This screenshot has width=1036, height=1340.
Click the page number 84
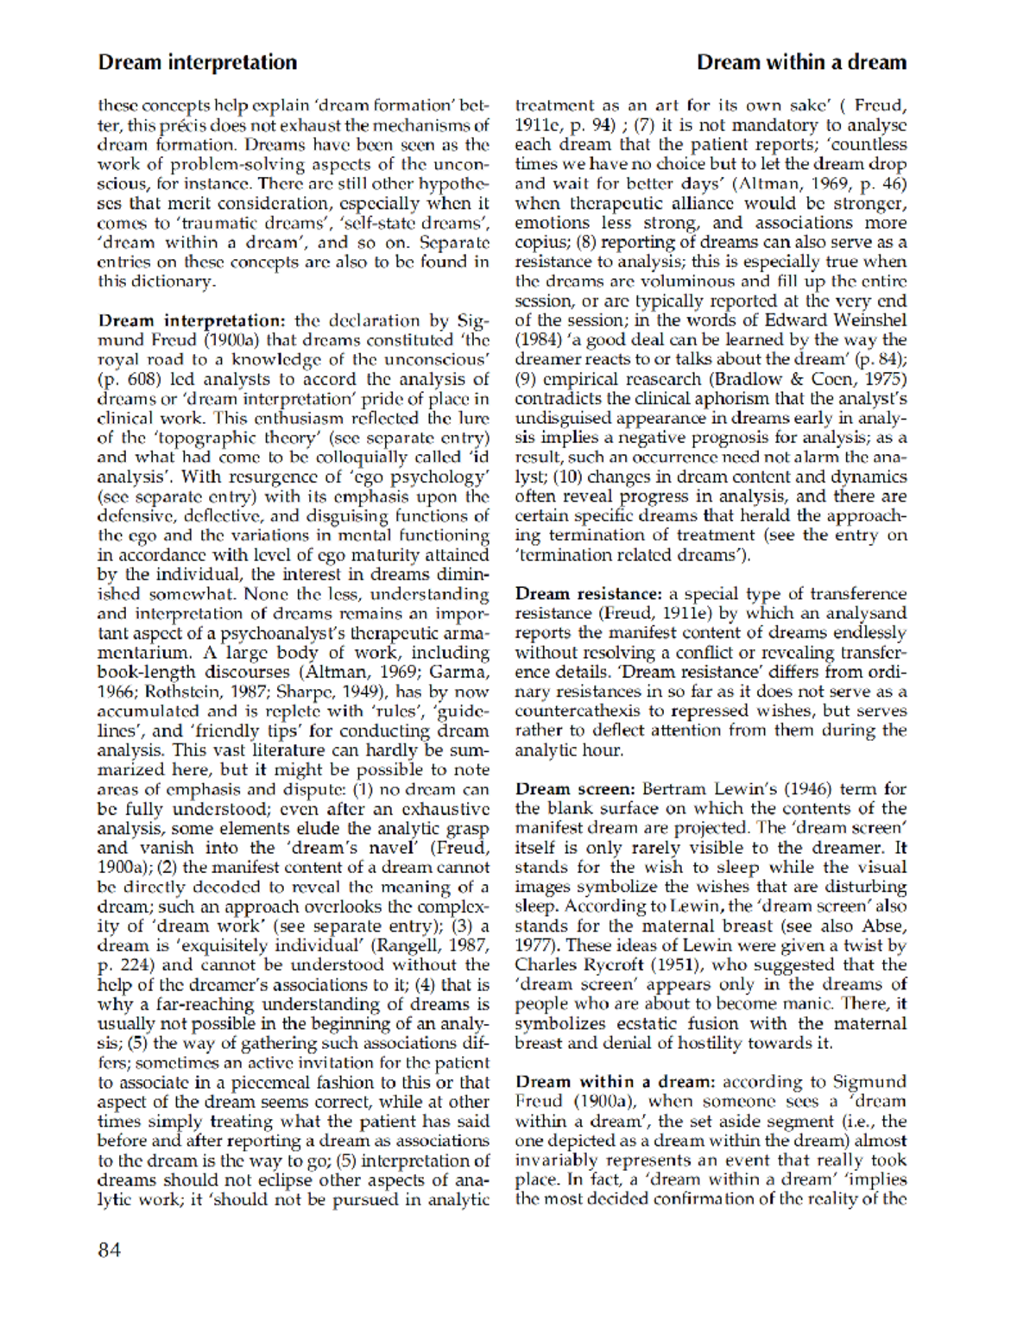click(110, 1249)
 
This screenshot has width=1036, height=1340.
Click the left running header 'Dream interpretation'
click(197, 62)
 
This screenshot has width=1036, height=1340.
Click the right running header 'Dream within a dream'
click(801, 62)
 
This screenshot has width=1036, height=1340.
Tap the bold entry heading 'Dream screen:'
click(575, 788)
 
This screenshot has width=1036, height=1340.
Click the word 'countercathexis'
click(577, 711)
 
